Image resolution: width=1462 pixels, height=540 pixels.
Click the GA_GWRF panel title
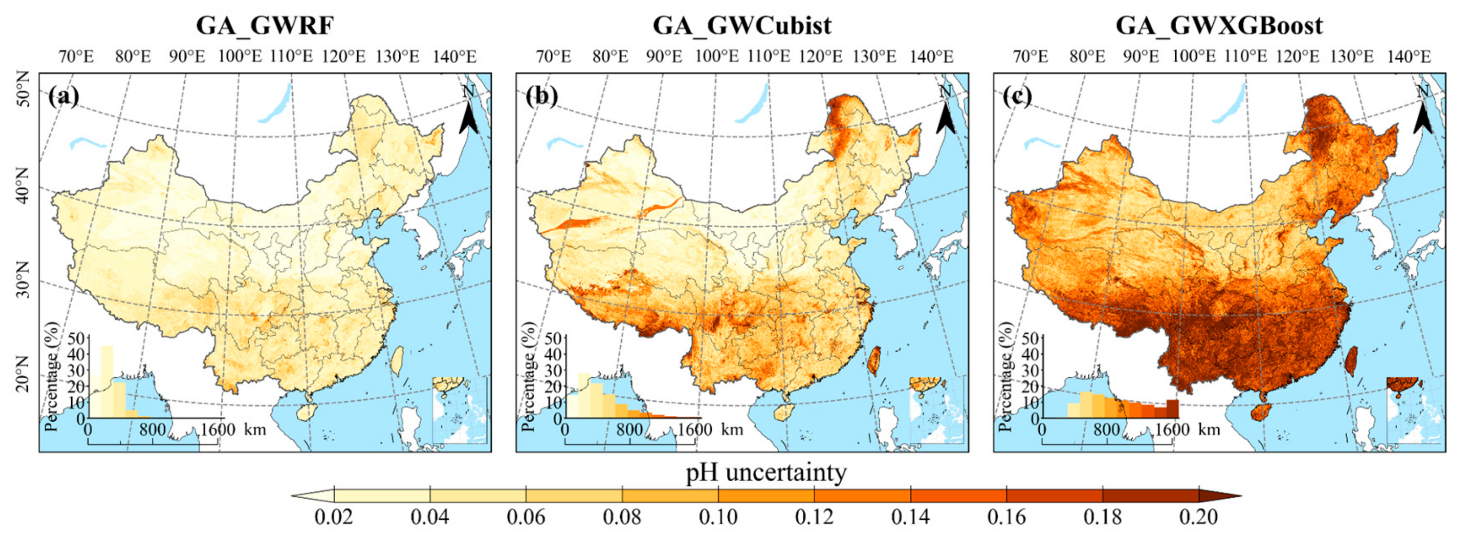[264, 26]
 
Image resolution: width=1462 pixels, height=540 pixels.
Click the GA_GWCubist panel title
[742, 26]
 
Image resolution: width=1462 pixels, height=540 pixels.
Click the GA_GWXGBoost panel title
[1219, 26]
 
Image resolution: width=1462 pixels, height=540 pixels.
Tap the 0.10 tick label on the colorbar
[718, 517]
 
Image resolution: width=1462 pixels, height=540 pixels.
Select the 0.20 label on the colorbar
[1198, 517]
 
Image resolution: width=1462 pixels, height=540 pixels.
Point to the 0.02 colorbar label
[334, 517]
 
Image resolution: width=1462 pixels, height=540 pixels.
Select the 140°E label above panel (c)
[1409, 57]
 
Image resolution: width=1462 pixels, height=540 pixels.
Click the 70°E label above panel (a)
[76, 57]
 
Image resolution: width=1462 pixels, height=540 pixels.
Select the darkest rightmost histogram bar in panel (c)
[1172, 408]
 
